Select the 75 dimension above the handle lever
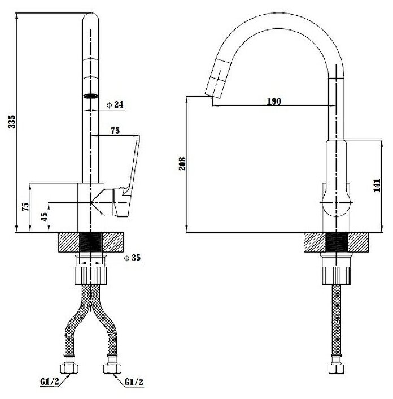pos(115,131)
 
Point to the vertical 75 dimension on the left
pos(25,206)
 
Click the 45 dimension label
pos(45,217)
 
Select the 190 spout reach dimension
pos(274,101)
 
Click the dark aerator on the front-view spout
pos(90,96)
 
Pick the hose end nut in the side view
pos(336,368)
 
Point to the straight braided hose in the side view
pos(337,322)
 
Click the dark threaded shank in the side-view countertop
pos(337,242)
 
